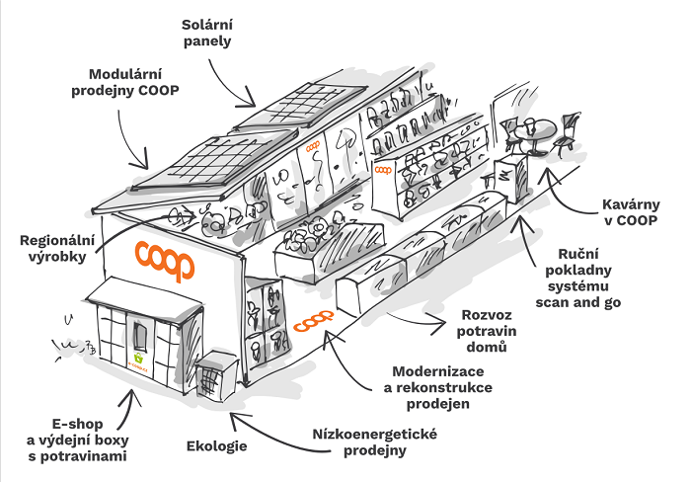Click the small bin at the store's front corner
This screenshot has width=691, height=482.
pyautogui.click(x=211, y=380)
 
